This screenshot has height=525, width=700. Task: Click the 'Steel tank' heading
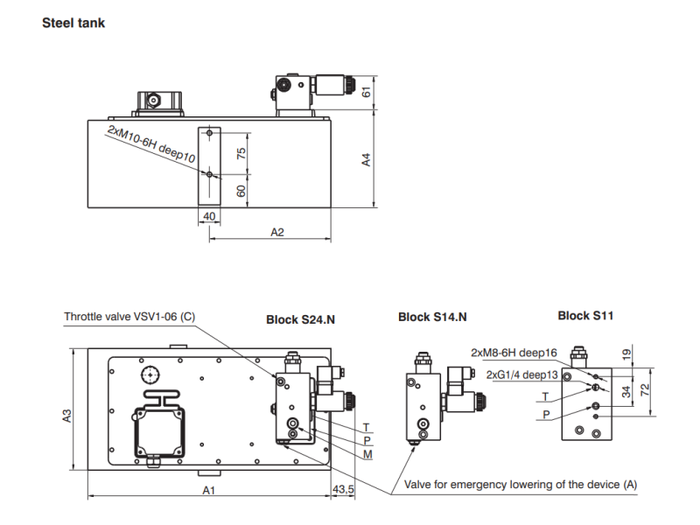point(73,23)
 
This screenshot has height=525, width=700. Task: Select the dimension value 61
point(366,92)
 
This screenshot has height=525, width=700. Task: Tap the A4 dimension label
point(366,160)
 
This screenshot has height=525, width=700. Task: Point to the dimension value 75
point(241,153)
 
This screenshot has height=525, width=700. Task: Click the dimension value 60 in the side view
point(241,191)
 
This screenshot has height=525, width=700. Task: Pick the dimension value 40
point(209,216)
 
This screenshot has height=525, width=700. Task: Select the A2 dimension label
point(277,232)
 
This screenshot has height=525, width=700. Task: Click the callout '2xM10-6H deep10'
point(151,144)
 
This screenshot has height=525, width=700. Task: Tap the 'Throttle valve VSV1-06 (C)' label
point(129,317)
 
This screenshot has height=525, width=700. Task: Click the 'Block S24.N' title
point(300,319)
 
